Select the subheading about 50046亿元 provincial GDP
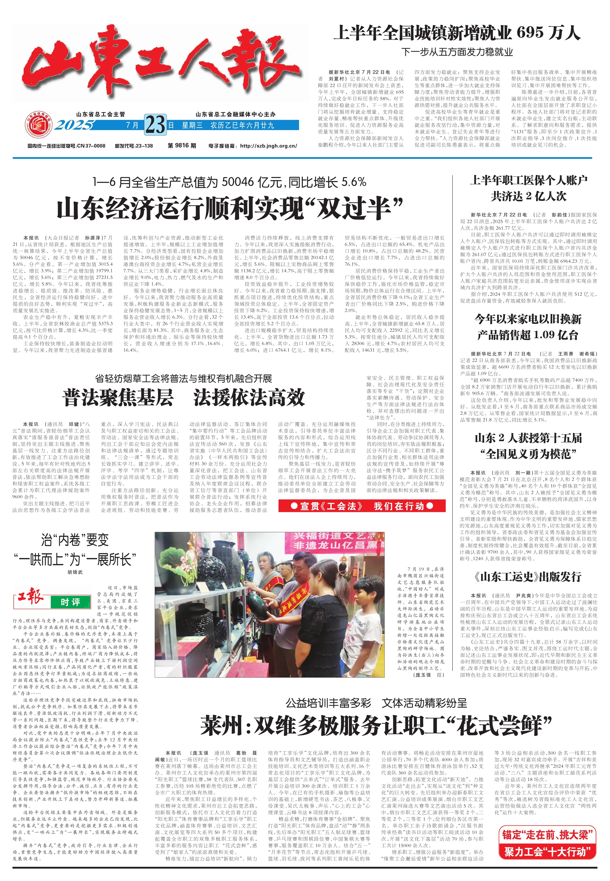pyautogui.click(x=229, y=182)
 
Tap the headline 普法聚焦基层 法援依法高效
pyautogui.click(x=184, y=397)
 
